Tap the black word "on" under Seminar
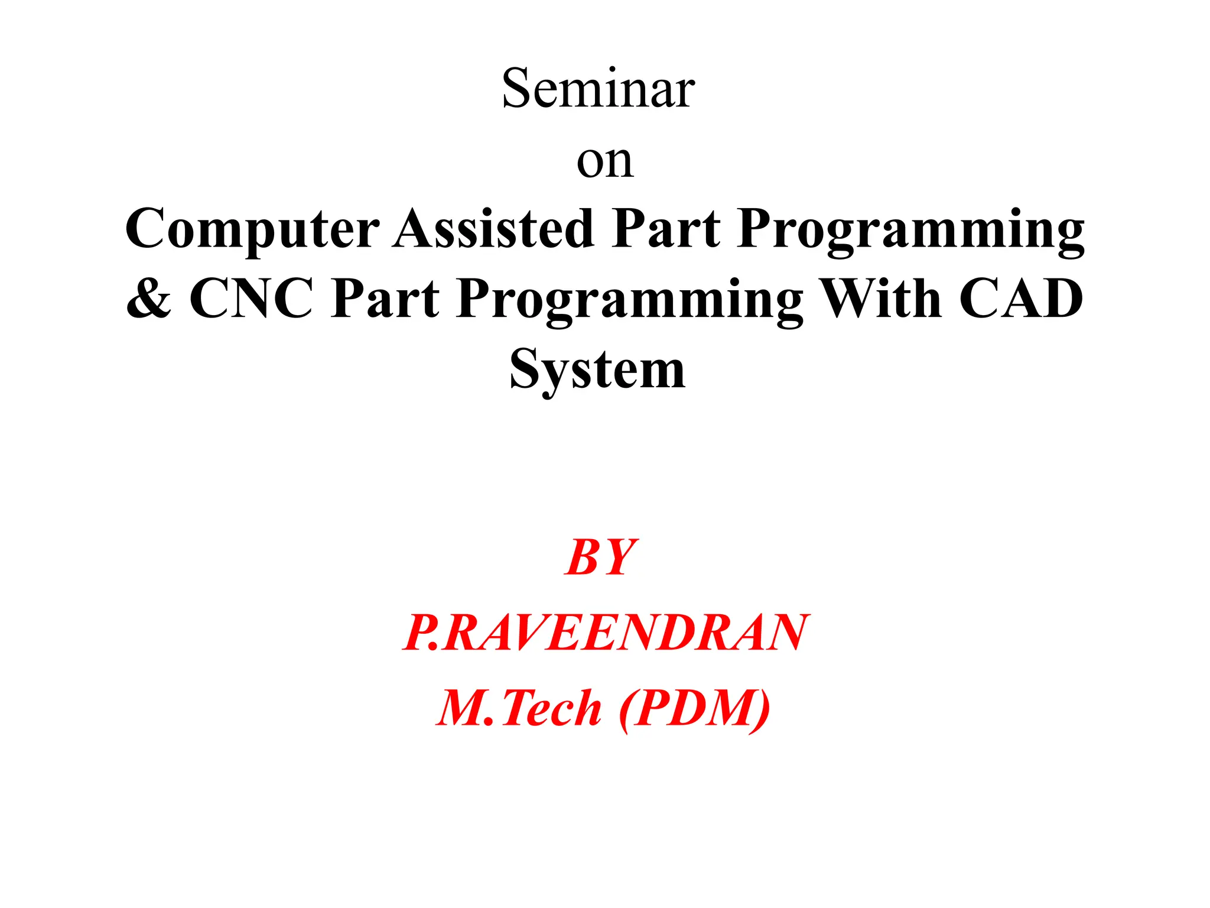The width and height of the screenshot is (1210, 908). [605, 161]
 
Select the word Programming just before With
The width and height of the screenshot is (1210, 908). [630, 300]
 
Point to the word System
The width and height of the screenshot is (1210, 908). [597, 370]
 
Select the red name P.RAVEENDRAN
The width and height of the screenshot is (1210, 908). [605, 633]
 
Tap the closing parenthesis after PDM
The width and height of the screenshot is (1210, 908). [761, 709]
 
